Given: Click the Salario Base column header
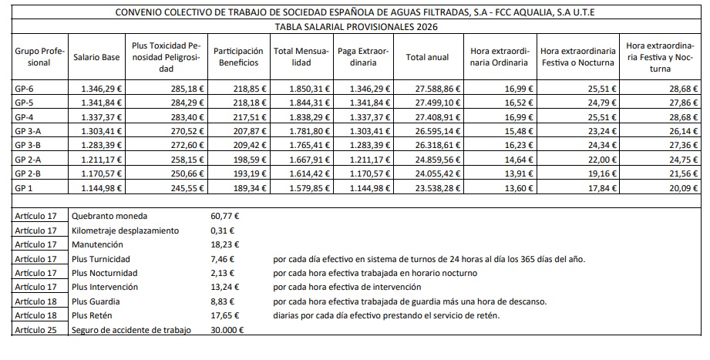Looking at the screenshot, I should coord(96,56).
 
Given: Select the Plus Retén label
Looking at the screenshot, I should coord(95,317).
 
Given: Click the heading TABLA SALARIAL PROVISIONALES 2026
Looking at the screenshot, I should coord(355,26).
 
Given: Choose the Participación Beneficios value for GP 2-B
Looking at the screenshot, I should coord(240,173).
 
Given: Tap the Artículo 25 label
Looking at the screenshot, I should coord(36,331).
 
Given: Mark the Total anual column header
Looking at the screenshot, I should coord(426,56).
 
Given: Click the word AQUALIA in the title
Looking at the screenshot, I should coord(550,12).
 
